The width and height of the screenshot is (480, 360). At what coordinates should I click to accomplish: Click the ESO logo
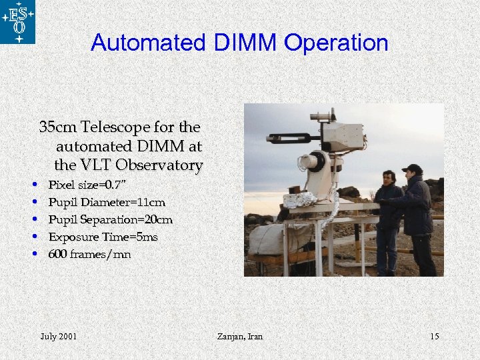click(18, 21)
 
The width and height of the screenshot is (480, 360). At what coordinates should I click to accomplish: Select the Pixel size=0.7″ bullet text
click(87, 184)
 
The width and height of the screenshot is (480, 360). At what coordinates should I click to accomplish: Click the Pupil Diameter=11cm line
click(107, 202)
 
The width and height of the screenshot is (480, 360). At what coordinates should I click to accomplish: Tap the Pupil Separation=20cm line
click(110, 219)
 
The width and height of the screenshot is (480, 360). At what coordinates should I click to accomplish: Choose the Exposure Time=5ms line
click(103, 237)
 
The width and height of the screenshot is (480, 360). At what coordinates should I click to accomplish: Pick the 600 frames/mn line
click(89, 254)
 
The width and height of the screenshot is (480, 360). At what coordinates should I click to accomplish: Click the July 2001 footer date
click(59, 336)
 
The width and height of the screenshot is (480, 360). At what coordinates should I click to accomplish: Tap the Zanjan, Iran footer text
click(240, 336)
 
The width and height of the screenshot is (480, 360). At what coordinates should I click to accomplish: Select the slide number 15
click(434, 336)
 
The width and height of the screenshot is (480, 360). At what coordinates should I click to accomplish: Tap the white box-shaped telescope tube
click(343, 136)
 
